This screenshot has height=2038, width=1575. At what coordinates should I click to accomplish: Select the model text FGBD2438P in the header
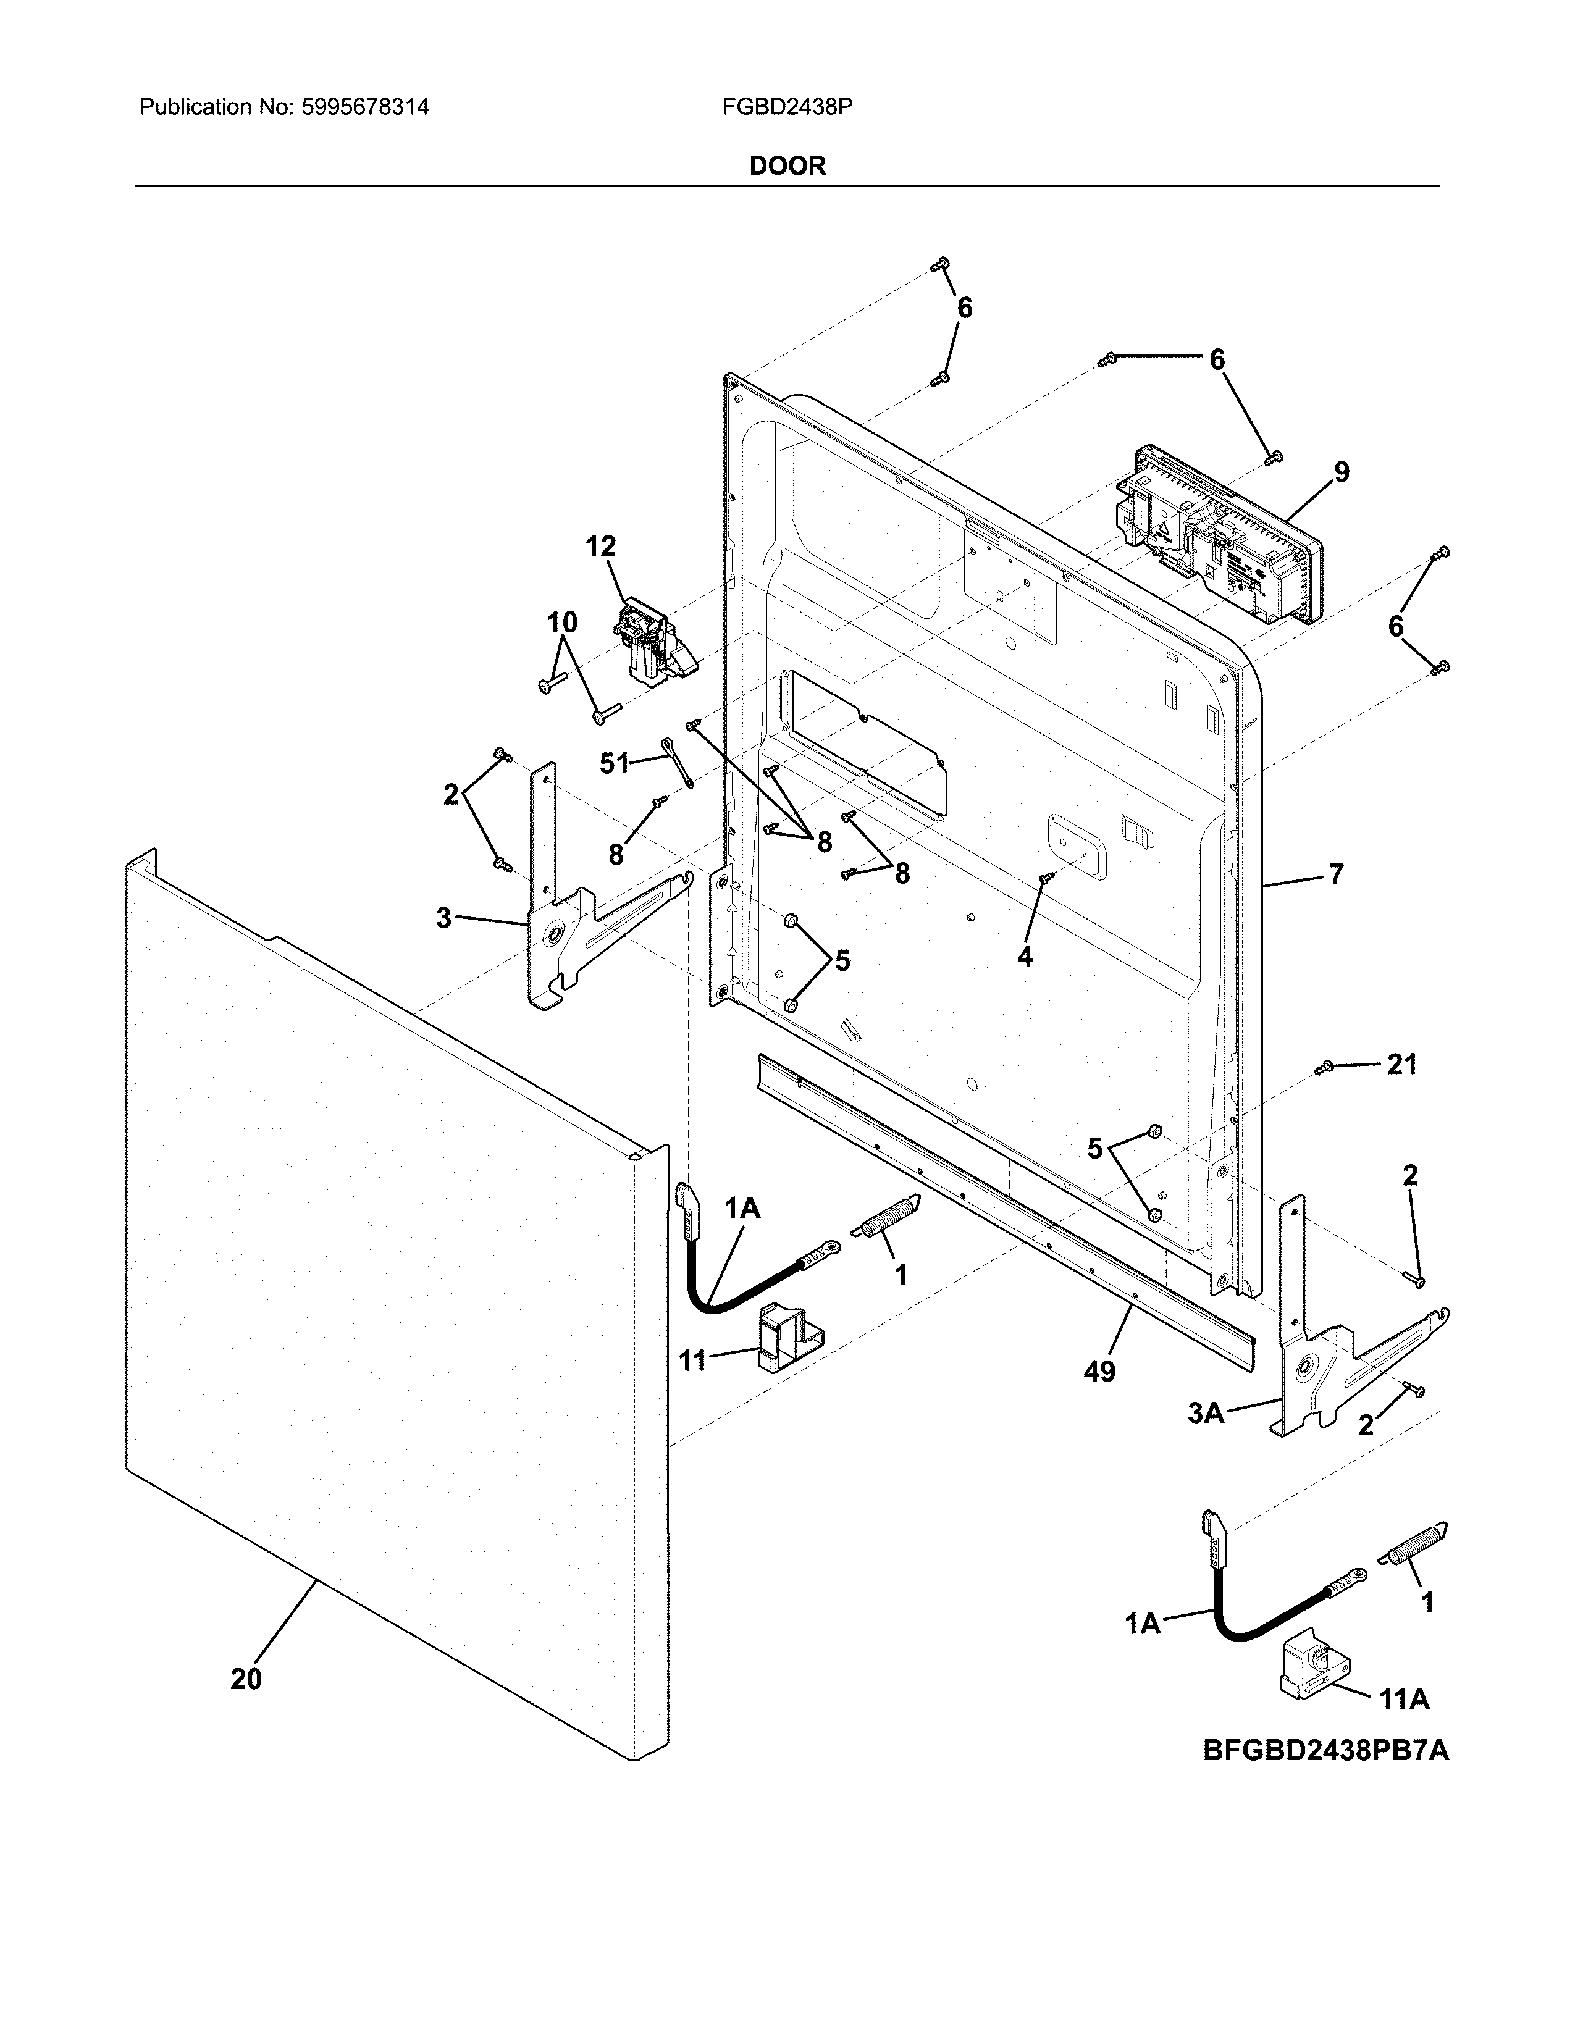pos(786,107)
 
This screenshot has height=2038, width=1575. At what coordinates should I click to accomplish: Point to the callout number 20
pos(246,1679)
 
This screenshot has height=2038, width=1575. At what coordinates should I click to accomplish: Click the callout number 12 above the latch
pos(601,546)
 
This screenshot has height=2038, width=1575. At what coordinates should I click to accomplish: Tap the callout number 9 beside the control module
pos(1341,472)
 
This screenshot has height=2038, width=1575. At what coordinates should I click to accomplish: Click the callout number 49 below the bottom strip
pos(1099,1372)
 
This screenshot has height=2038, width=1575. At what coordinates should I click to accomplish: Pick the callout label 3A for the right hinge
pos(1206,1414)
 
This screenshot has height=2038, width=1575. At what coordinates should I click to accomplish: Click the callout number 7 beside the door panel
pos(1336,874)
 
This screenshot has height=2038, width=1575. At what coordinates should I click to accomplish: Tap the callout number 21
pos(1401,1064)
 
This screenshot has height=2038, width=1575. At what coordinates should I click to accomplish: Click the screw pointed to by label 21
pos(1323,1068)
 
